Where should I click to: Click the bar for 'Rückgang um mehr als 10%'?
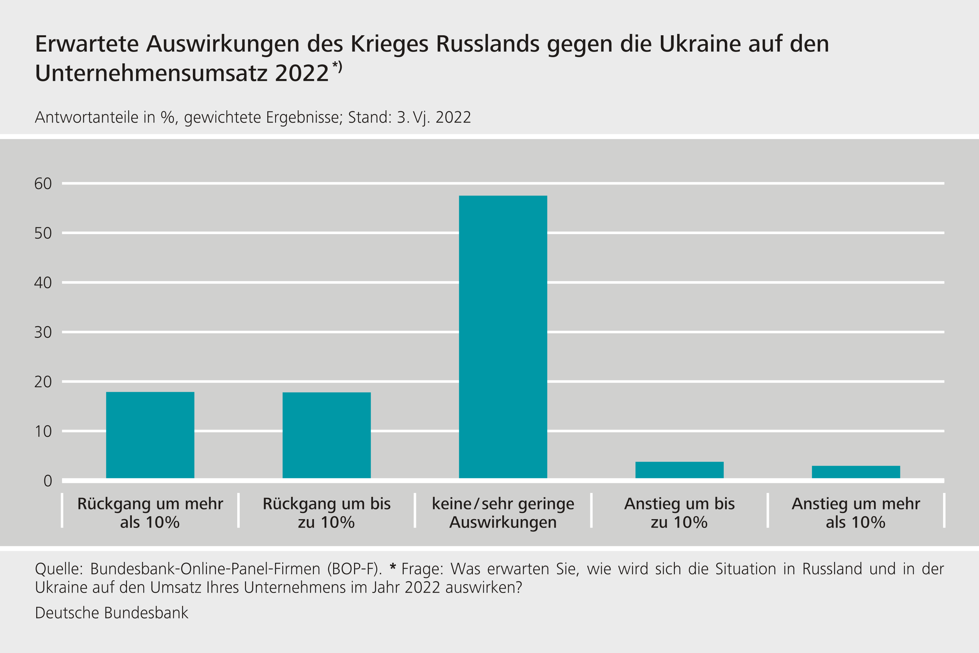150,435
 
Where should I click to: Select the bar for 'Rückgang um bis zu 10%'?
326,435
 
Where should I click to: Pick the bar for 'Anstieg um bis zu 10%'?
679,470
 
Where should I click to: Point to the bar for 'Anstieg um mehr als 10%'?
856,472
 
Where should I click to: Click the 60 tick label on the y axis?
43,183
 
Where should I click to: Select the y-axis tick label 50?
43,233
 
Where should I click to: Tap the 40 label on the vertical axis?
43,283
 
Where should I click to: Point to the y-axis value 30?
43,332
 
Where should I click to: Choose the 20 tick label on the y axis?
43,382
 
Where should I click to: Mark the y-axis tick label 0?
48,481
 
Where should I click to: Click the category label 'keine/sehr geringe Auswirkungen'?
503,513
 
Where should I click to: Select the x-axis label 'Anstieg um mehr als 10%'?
856,513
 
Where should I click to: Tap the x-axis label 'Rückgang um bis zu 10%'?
326,513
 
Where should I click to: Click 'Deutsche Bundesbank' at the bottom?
112,613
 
